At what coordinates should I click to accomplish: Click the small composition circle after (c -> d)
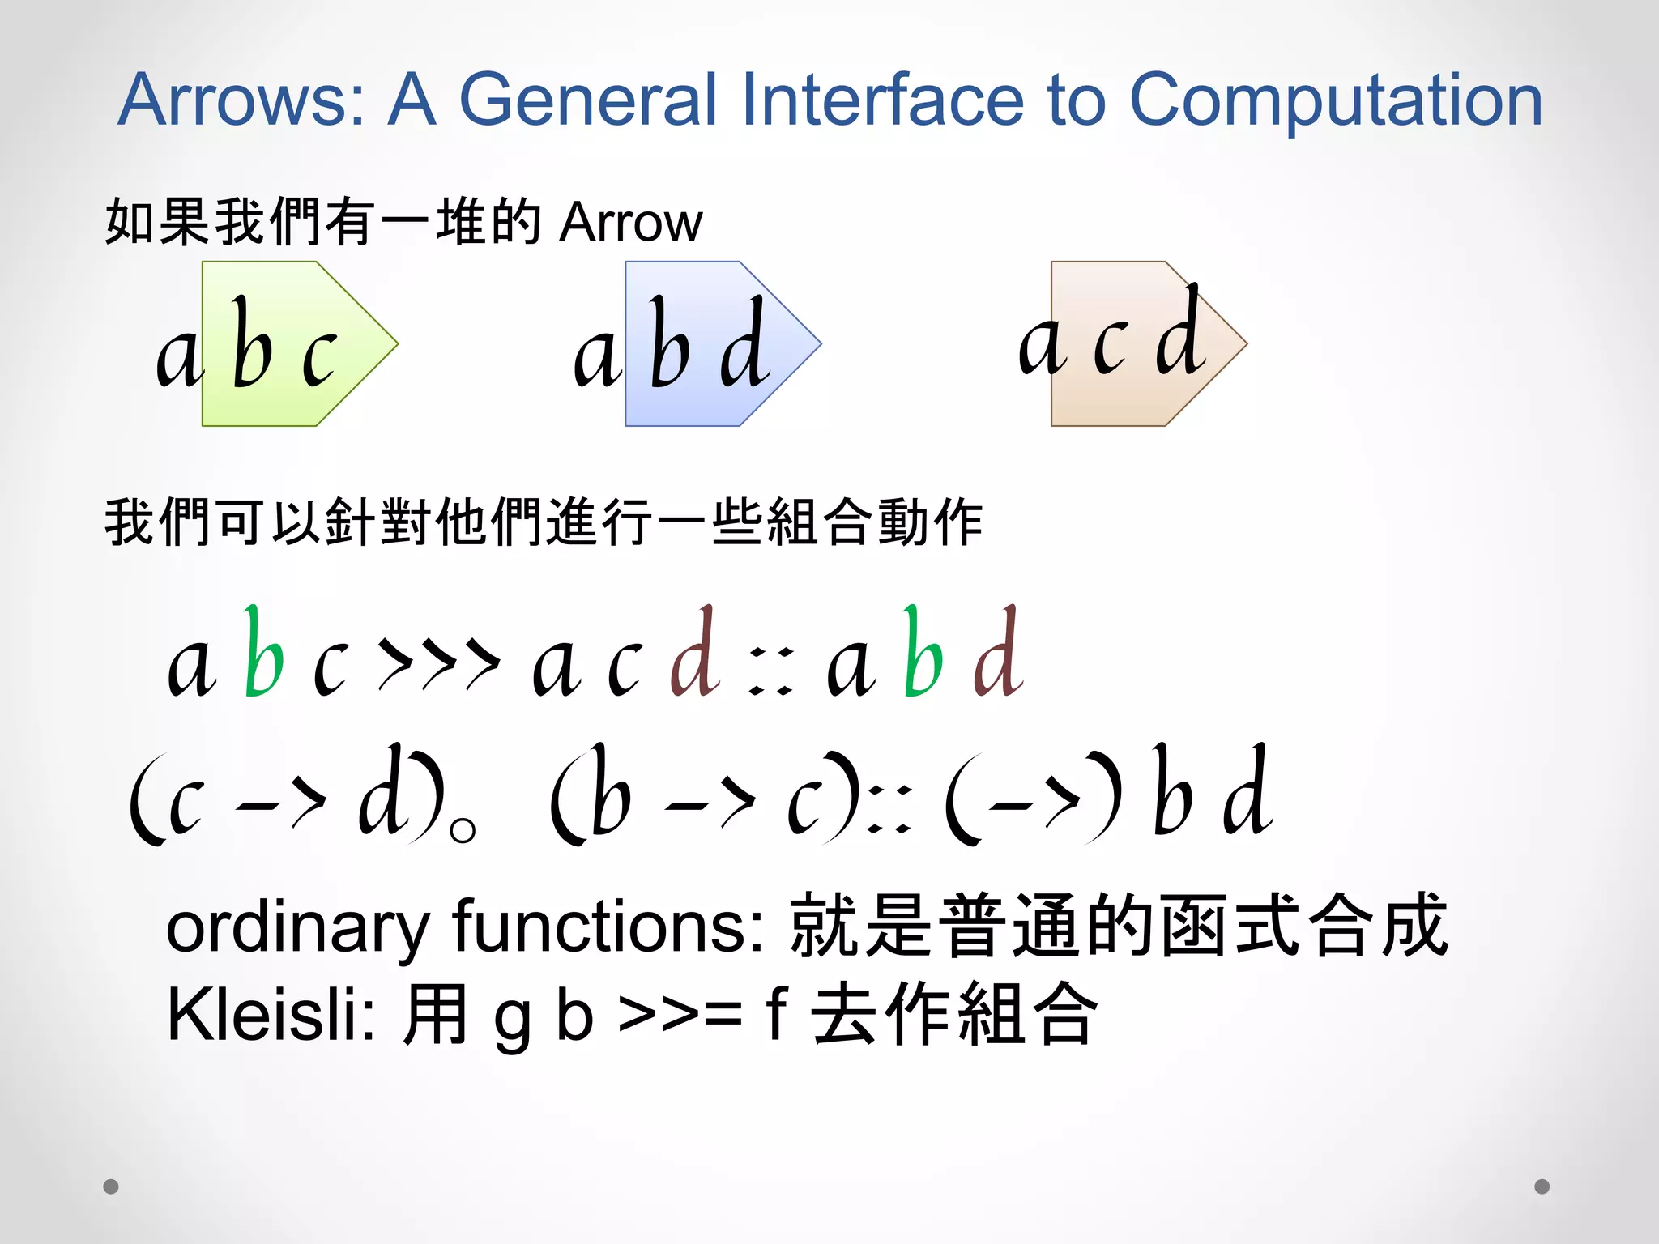tap(463, 831)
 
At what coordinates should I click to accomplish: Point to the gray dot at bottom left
tap(111, 1186)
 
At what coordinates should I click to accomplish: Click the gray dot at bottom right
tap(1542, 1186)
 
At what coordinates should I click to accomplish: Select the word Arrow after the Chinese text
tap(631, 222)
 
